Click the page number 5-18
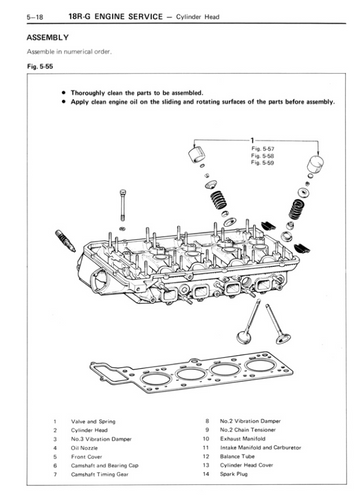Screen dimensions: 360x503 click(x=35, y=17)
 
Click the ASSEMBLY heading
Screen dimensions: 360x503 click(x=48, y=37)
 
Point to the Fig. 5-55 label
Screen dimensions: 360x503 click(x=40, y=66)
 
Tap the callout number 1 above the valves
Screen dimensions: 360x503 click(x=253, y=140)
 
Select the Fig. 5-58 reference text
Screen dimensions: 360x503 click(x=263, y=156)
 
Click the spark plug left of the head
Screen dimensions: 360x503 click(x=65, y=241)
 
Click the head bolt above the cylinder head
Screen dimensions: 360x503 click(x=123, y=205)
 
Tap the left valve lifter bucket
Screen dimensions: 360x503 click(x=197, y=155)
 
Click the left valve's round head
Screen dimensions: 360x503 click(x=244, y=337)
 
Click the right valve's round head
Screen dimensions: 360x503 click(x=283, y=339)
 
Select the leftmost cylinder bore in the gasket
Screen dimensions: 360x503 click(x=155, y=379)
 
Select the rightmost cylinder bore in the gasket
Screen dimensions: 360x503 click(x=260, y=365)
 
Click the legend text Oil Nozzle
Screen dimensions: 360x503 click(x=84, y=448)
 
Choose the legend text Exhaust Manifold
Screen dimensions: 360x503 click(x=243, y=439)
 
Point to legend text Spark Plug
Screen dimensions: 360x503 click(x=234, y=474)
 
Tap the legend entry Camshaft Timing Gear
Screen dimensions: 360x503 click(x=100, y=474)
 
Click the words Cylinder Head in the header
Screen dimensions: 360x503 click(x=198, y=17)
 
